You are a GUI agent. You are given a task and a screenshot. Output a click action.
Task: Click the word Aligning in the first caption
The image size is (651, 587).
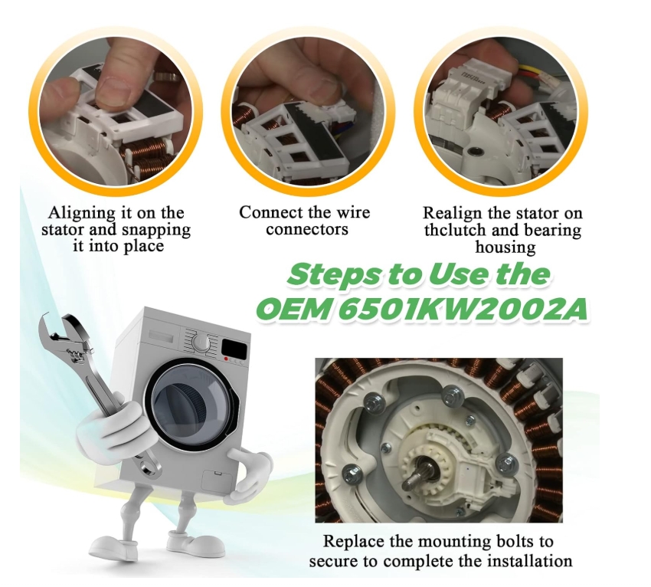click(x=81, y=214)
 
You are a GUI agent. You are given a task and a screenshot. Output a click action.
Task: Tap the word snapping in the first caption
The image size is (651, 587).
click(x=156, y=230)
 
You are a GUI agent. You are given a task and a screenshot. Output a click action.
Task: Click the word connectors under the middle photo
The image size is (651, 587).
click(x=307, y=229)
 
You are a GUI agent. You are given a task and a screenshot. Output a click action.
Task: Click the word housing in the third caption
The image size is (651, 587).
click(x=505, y=248)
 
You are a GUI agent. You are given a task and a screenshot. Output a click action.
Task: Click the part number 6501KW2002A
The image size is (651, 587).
click(x=463, y=310)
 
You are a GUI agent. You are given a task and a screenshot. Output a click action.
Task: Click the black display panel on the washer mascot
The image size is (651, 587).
click(x=235, y=348)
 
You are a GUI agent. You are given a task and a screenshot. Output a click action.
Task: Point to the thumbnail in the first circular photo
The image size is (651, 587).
click(x=113, y=90)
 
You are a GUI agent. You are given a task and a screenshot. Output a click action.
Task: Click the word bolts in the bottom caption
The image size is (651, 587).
click(x=514, y=542)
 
